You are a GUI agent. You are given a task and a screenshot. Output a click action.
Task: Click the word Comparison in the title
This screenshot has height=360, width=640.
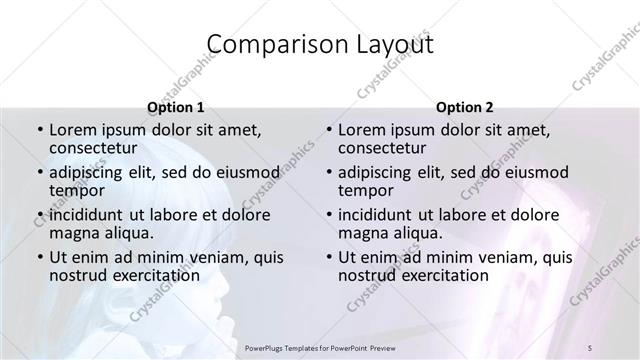tap(264, 45)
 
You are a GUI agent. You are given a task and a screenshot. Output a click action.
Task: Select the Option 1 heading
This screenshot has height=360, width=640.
tap(175, 106)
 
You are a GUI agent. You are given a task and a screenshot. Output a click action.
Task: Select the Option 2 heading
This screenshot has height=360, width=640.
tap(465, 106)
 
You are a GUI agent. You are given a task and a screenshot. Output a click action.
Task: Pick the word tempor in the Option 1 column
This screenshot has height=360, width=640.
tap(75, 191)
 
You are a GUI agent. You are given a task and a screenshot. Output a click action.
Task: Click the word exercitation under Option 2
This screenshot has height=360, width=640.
tap(444, 275)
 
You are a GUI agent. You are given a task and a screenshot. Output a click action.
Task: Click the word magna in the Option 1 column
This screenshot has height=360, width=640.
tap(75, 233)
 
